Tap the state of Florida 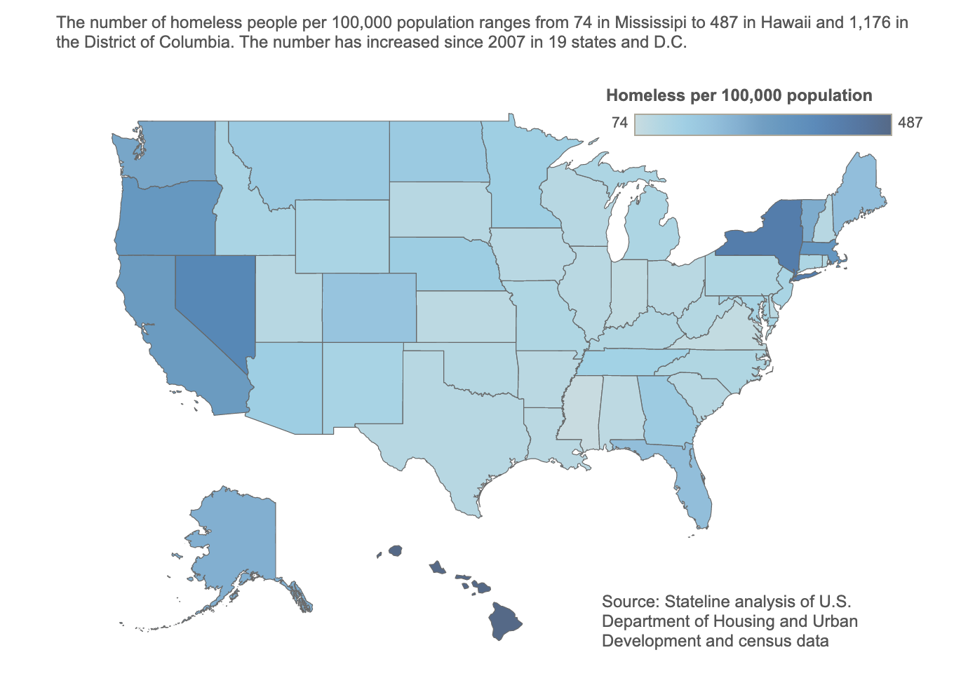coord(691,484)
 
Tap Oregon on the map coord(165,217)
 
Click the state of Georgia coord(666,414)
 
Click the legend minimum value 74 coord(619,123)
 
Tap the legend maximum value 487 coord(910,123)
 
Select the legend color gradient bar coord(762,124)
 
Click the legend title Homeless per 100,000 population coord(739,95)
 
